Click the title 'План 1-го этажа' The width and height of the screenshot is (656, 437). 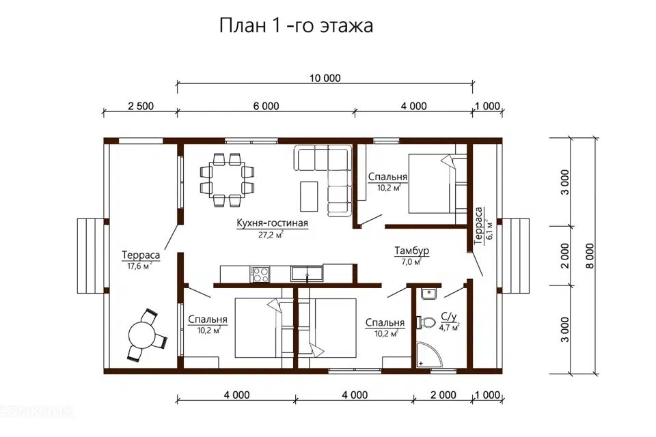[296, 26]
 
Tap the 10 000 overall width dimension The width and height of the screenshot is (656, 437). [324, 78]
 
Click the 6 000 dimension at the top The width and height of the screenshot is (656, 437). [266, 106]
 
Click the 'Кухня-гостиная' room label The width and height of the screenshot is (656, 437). [273, 223]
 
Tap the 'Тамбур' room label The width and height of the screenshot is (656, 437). [411, 251]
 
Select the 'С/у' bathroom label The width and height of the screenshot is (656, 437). [448, 316]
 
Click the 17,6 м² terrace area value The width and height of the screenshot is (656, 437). [139, 266]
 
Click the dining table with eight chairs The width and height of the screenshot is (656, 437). [227, 179]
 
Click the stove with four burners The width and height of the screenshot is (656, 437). [260, 274]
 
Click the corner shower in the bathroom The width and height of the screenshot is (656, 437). [428, 356]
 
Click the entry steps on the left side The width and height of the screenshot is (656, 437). [90, 256]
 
